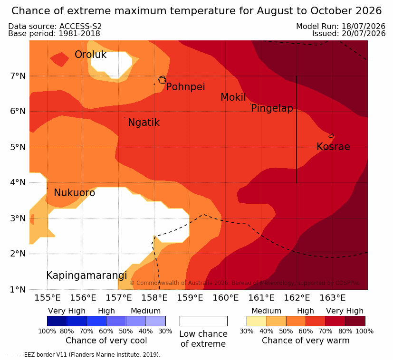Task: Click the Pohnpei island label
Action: [185, 87]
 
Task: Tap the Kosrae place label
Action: [333, 147]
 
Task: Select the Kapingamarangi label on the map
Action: [86, 275]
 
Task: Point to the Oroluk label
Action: [90, 55]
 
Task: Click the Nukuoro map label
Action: [75, 193]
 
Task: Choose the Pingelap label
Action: [272, 108]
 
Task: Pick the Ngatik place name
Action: [144, 123]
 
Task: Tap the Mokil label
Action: [233, 97]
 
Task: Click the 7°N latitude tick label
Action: [18, 76]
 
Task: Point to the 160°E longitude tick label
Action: [226, 298]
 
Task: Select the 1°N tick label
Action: [18, 290]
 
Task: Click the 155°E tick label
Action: [48, 298]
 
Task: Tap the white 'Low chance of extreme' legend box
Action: [203, 321]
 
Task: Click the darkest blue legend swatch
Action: [57, 321]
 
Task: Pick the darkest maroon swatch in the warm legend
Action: [355, 321]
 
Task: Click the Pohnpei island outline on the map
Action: [162, 80]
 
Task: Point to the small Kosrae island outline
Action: [331, 136]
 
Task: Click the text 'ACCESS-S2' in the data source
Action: [80, 26]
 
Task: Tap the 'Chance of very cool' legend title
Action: [106, 341]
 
